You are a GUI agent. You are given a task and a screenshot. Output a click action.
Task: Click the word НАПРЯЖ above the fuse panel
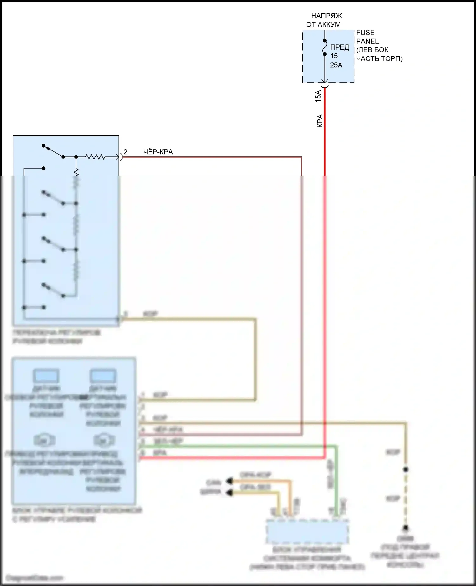[326, 16]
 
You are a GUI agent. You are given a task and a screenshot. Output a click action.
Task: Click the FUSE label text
[365, 33]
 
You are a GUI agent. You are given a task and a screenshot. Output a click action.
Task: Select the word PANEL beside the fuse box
[367, 41]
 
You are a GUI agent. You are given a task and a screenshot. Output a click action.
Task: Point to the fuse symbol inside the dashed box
[325, 47]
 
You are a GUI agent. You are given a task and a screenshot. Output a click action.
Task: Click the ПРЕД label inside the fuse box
[340, 48]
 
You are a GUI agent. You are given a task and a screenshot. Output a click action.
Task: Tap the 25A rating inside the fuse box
[336, 65]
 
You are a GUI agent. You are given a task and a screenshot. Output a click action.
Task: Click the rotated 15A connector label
[318, 96]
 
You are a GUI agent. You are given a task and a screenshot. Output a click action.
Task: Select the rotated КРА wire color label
[320, 121]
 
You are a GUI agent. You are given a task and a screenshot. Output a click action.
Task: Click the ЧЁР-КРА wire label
[158, 152]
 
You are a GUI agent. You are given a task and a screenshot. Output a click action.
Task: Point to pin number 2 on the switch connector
[125, 152]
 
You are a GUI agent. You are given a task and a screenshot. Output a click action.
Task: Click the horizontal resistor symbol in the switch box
[95, 157]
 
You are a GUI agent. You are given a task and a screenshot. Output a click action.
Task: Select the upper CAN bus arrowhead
[229, 481]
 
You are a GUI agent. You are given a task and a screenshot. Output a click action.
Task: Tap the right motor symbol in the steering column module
[103, 440]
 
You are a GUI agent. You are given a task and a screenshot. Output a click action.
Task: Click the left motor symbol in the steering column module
[44, 440]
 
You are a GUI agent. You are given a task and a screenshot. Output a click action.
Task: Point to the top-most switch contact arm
[53, 151]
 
